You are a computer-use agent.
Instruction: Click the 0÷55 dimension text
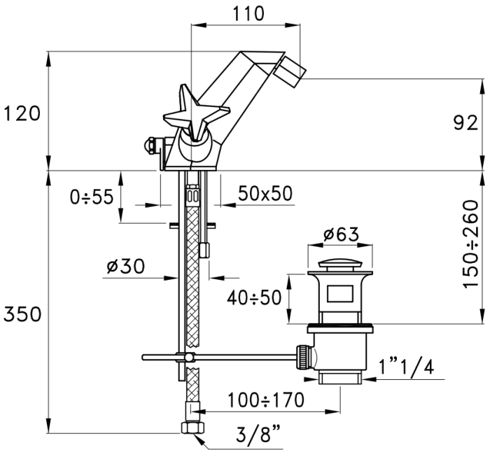(91, 197)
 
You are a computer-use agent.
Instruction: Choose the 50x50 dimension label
(266, 193)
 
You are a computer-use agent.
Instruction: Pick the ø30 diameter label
(125, 266)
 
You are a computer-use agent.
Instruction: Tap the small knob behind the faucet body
(148, 146)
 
